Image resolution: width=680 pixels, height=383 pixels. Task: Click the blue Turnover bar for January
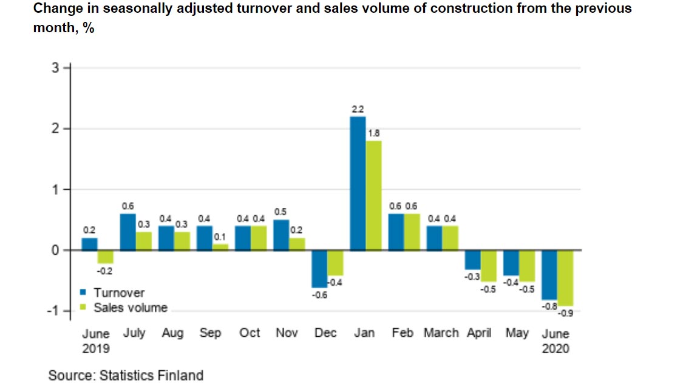(x=357, y=183)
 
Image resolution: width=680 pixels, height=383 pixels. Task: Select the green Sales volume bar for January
(x=373, y=195)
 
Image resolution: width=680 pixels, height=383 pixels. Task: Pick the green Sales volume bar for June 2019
(x=106, y=257)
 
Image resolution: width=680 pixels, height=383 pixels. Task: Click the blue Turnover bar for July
(x=127, y=232)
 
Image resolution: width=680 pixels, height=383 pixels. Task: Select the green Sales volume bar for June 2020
(x=565, y=278)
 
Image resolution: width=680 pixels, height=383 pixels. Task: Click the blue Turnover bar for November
(x=280, y=235)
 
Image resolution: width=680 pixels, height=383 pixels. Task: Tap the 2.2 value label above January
(x=357, y=109)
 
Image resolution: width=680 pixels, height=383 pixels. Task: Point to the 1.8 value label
(x=373, y=133)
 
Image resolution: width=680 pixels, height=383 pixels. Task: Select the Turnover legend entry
(x=119, y=293)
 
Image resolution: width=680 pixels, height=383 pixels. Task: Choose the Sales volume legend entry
(x=130, y=308)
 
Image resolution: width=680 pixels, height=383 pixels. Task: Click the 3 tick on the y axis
(x=56, y=68)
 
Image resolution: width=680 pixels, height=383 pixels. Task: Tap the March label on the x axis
(x=441, y=333)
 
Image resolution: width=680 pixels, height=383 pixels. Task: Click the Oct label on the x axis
(x=250, y=333)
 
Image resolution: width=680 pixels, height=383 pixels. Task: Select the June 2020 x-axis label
(x=556, y=341)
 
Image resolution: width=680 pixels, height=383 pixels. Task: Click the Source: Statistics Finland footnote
(x=126, y=375)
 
